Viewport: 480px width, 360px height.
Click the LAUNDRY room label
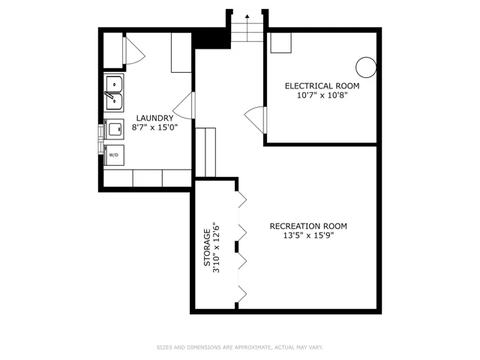point(154,118)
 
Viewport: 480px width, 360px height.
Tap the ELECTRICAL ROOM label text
point(322,86)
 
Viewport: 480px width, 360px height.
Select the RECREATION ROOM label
point(308,226)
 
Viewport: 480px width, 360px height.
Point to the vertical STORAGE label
point(207,247)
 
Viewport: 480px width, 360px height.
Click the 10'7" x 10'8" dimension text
point(322,95)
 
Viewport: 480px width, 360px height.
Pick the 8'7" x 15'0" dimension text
point(154,127)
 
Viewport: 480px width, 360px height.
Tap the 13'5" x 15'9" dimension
point(308,235)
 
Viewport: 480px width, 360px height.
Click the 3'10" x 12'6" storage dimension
point(217,247)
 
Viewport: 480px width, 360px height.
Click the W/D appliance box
point(114,155)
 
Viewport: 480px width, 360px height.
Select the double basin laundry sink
point(114,93)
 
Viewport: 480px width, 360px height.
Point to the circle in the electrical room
point(366,67)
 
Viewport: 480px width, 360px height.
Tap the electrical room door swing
point(256,120)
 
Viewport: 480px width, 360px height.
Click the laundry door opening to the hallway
point(184,105)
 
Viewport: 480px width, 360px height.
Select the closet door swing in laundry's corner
point(134,50)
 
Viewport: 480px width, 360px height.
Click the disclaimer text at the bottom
point(240,347)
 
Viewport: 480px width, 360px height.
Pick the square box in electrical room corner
point(281,43)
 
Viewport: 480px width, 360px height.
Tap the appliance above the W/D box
point(114,129)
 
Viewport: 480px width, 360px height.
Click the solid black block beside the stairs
point(211,38)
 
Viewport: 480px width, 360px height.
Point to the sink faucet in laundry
point(109,96)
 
